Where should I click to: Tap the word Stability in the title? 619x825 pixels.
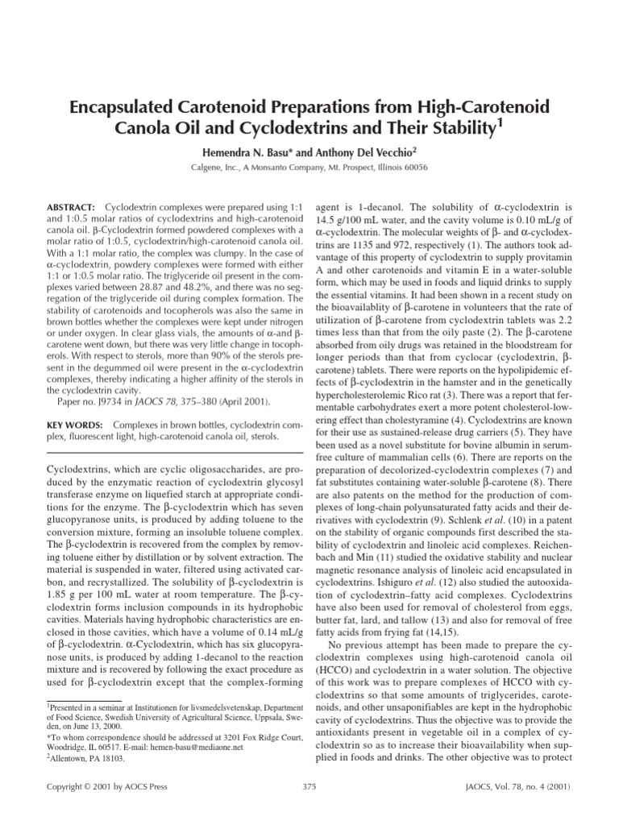tap(455, 128)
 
